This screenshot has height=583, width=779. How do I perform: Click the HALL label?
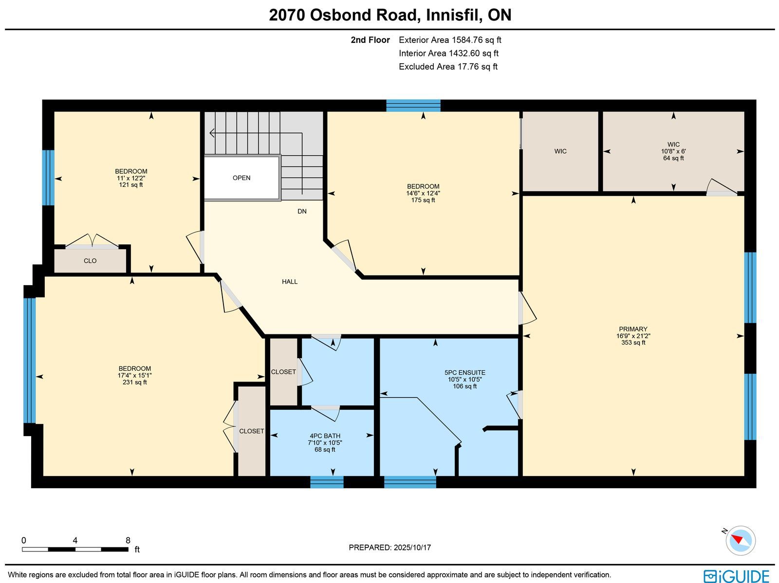click(x=290, y=282)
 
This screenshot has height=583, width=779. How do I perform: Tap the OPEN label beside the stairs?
click(x=241, y=178)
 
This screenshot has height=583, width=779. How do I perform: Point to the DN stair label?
click(x=302, y=211)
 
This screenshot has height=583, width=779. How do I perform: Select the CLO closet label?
click(x=90, y=261)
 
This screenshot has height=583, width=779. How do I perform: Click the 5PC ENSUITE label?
click(x=465, y=373)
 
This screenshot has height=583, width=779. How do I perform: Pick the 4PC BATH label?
click(x=325, y=436)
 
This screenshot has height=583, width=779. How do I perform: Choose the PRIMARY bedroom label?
click(x=633, y=329)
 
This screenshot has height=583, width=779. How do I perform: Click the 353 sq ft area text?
click(x=633, y=343)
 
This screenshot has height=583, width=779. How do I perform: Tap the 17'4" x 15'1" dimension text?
click(x=135, y=375)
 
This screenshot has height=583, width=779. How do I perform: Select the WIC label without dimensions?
click(x=560, y=151)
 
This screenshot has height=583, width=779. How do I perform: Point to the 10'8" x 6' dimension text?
click(x=673, y=151)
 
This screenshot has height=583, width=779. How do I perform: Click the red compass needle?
click(x=738, y=539)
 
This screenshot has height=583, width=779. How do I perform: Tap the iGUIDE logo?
click(x=737, y=576)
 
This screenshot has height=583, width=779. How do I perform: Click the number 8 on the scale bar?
click(x=128, y=541)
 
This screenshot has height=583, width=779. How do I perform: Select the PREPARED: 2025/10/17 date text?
click(x=389, y=547)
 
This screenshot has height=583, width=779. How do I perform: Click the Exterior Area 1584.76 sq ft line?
click(x=450, y=40)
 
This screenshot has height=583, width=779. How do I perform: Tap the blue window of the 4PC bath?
click(x=327, y=482)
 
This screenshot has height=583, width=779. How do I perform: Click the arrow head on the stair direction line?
click(x=212, y=133)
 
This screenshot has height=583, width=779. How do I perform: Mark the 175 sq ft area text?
click(x=423, y=200)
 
